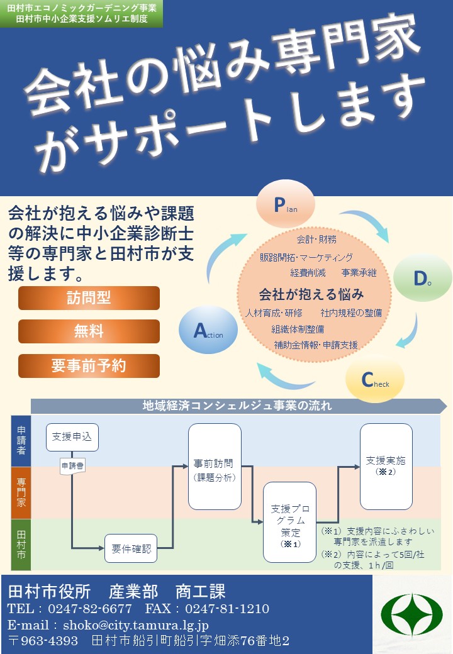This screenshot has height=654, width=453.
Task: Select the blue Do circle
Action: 422,279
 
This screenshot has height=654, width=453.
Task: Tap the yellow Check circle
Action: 375,380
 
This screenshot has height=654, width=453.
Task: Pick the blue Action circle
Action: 208,330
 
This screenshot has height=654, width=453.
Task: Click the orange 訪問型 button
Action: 89,298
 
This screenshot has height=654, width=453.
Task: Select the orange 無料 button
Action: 89,331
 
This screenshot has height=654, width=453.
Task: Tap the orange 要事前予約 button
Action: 89,365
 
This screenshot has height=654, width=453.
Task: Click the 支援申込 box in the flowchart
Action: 72,437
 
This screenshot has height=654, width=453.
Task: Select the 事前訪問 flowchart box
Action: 215,466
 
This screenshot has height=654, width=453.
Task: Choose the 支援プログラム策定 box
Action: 289,521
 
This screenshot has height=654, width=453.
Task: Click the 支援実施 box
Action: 386,465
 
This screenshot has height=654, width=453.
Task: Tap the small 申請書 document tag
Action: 72,467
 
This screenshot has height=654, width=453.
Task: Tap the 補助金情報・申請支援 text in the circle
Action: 316,345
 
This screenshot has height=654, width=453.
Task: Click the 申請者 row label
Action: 21,440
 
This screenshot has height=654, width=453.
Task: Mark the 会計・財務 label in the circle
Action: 316,239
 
